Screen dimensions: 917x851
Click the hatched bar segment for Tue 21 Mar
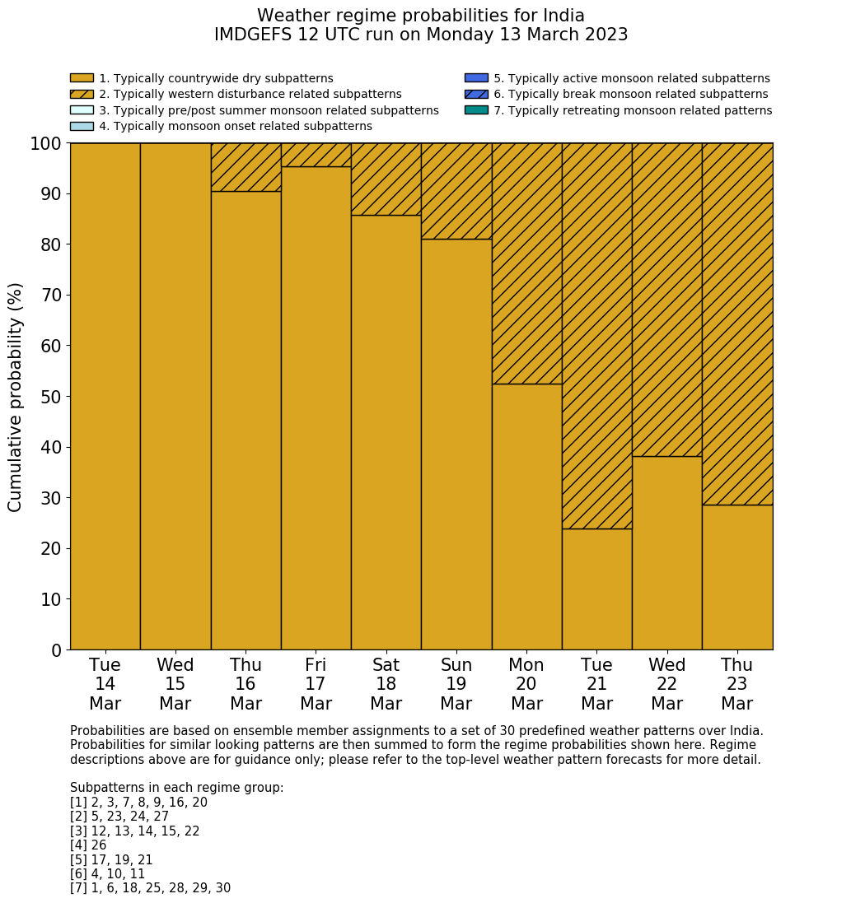[596, 336]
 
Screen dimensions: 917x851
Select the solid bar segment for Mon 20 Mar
[526, 516]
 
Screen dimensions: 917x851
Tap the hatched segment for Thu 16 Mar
[245, 167]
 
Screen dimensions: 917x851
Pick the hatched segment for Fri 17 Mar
[316, 155]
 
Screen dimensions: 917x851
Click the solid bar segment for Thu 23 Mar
[737, 577]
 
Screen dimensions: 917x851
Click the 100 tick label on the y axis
[46, 144]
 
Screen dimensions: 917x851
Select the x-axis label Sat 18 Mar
[386, 684]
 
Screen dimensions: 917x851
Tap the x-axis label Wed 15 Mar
[175, 684]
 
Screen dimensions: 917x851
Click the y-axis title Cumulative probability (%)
[16, 397]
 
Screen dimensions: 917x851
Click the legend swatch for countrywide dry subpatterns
[82, 78]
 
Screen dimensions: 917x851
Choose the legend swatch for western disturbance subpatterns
[82, 94]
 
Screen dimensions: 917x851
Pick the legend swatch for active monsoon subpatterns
[476, 78]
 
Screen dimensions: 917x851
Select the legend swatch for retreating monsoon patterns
[476, 109]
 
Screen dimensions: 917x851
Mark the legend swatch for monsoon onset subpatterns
[82, 126]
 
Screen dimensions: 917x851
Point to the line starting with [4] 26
[88, 845]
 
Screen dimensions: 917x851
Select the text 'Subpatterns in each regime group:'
[176, 788]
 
